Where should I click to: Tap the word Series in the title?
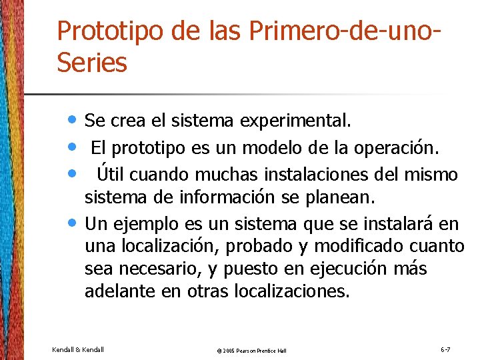tap(91, 63)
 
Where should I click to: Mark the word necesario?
tap(159, 269)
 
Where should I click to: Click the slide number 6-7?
tap(445, 349)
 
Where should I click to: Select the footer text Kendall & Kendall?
tap(78, 349)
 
